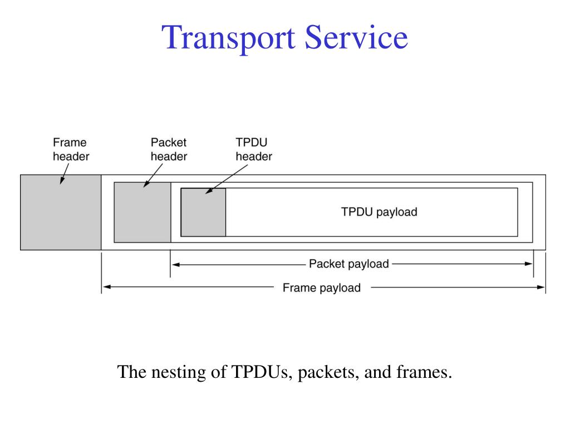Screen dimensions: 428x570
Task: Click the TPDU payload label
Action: [379, 212]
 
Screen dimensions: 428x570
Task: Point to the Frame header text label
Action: [71, 149]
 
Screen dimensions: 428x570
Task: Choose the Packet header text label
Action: [169, 149]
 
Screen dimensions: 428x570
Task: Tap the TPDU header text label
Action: [253, 149]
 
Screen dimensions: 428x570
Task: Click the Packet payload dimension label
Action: [348, 264]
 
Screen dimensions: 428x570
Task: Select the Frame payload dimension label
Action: [321, 288]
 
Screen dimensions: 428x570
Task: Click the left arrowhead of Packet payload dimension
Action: [175, 265]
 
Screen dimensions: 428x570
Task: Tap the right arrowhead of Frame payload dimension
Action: [541, 288]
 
